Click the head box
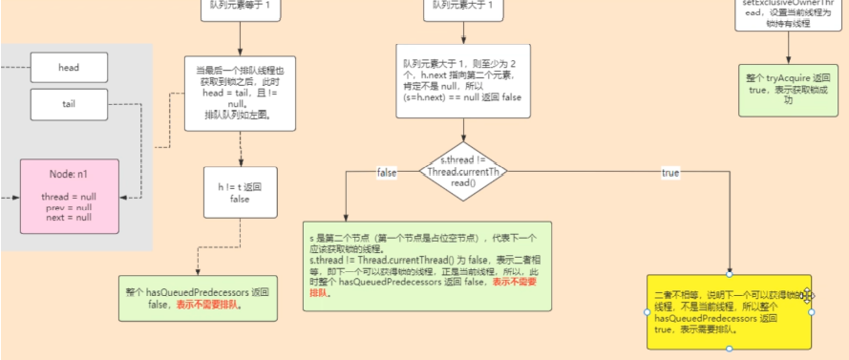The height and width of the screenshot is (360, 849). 69,68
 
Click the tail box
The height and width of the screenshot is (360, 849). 69,104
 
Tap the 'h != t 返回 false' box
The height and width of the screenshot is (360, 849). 240,193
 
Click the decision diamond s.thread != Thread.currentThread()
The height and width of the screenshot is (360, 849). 463,173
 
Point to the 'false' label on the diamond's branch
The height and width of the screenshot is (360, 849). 387,173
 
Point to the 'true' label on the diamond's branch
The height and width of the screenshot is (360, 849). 670,173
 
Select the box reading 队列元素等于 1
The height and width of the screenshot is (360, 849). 240,7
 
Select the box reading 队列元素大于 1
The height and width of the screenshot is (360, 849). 463,7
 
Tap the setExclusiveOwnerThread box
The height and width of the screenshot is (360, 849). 788,13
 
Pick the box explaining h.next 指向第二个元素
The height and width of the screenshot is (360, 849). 463,85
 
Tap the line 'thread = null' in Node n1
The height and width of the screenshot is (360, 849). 68,196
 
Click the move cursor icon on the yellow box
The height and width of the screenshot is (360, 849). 808,295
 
